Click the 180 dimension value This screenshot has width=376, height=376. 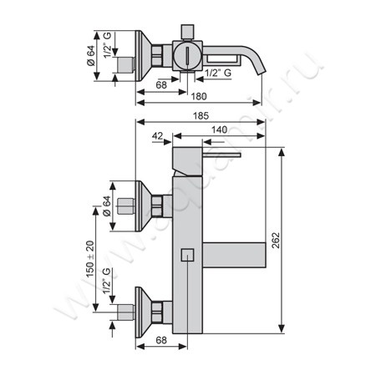click(x=199, y=96)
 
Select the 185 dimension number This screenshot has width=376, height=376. click(x=201, y=115)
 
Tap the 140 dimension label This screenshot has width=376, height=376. click(x=219, y=130)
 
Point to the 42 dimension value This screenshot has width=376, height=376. click(x=157, y=136)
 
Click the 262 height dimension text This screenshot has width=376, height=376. click(x=275, y=240)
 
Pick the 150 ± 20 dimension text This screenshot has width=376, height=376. click(x=90, y=259)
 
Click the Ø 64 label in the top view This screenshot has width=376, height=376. click(x=91, y=55)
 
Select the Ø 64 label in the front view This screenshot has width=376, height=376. click(x=107, y=206)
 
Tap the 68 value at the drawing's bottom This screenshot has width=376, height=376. click(x=161, y=340)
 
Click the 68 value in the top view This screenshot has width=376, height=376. click(x=161, y=84)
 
